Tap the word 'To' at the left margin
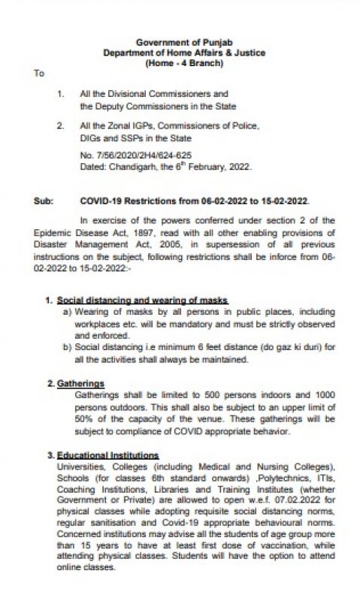[39, 73]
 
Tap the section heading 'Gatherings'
[80, 383]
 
